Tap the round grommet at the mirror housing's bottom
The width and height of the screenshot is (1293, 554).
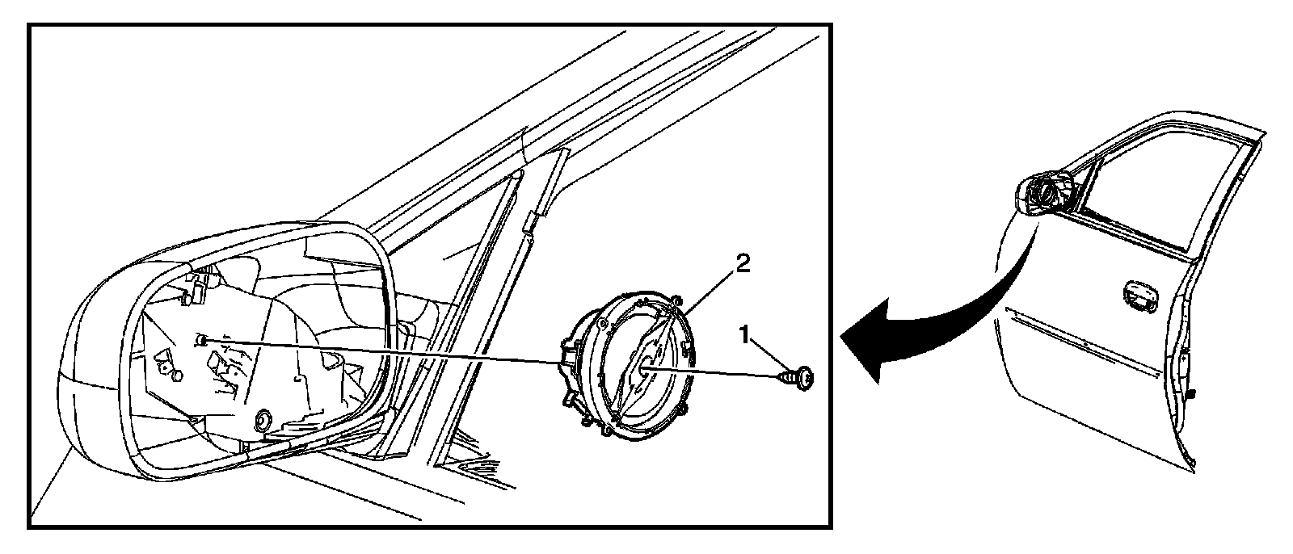click(262, 420)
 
